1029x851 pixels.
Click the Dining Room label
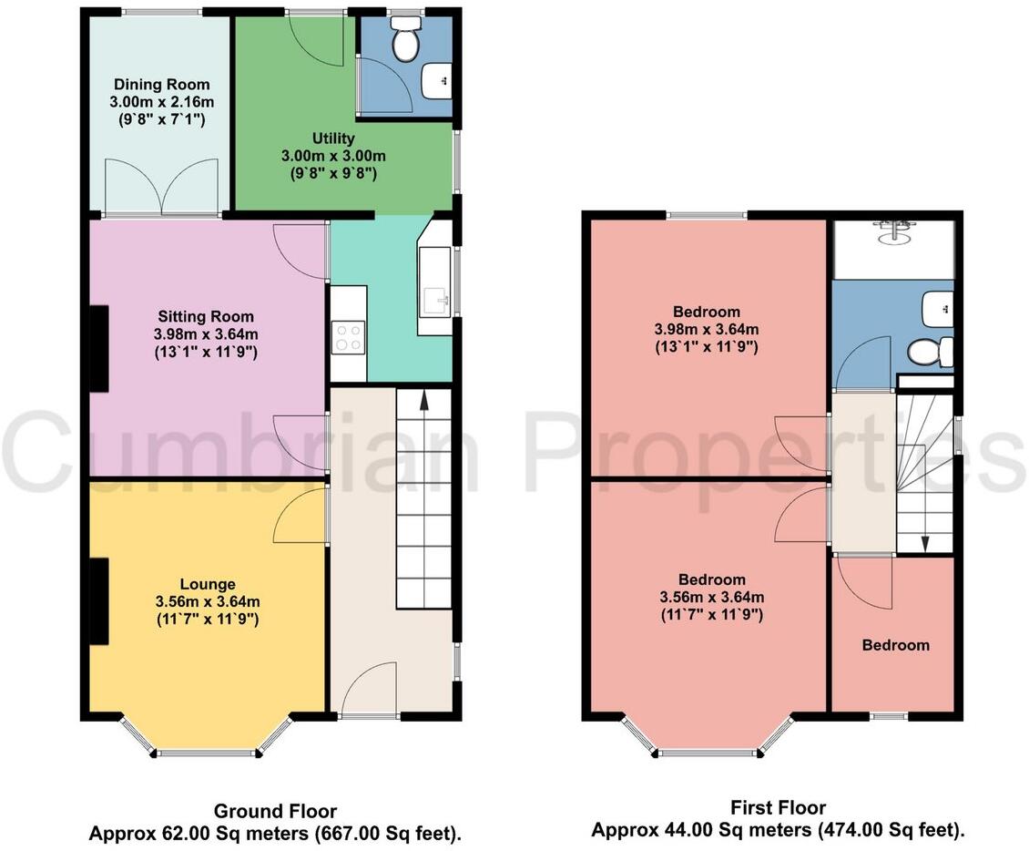[161, 85]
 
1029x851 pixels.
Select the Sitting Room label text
[206, 316]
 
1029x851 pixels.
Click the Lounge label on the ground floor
[207, 584]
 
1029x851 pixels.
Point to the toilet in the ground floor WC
[403, 40]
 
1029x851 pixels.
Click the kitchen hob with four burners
[348, 339]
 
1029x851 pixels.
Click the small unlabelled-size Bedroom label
[896, 645]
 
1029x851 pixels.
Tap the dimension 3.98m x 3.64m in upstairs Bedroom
[707, 329]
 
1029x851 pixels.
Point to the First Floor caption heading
[778, 807]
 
